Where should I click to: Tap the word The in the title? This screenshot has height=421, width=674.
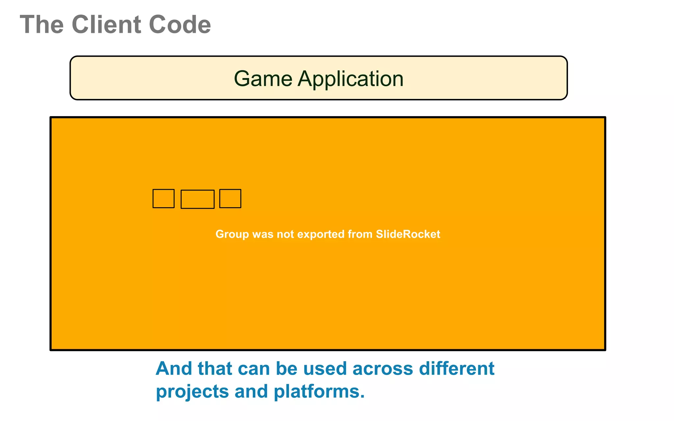pos(42,25)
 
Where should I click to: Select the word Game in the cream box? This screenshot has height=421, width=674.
pos(263,79)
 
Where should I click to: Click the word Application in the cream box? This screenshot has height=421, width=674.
pos(350,79)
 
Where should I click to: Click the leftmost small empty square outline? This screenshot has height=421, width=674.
pos(164,199)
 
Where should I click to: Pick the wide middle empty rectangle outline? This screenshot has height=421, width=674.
pos(197,199)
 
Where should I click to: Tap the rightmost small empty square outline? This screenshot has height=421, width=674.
pos(230,199)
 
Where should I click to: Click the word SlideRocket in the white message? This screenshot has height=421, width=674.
pos(408,234)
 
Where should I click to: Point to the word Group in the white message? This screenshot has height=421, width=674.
pos(232,234)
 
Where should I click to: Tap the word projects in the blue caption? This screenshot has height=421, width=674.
pos(192,391)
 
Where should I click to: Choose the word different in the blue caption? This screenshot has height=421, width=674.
pos(456,368)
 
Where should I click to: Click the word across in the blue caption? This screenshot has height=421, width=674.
pos(382,368)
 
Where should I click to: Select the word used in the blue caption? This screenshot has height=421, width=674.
pos(325,368)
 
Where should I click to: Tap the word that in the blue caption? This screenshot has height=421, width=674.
pos(215,368)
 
